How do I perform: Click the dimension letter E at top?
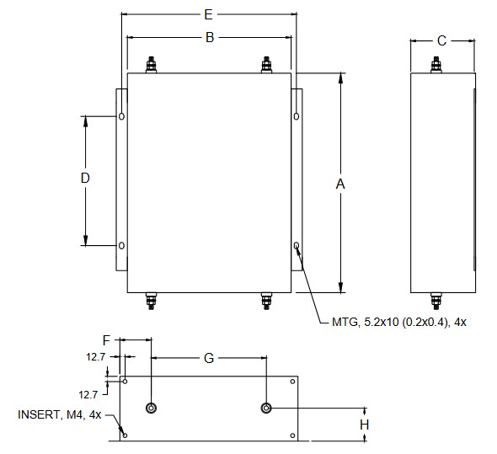208,14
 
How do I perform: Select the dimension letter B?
210,37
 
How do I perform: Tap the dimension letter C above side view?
441,40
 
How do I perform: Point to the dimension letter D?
85,179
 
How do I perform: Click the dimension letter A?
340,184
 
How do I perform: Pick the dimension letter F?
106,340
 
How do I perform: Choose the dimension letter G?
209,358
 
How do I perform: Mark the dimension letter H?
365,425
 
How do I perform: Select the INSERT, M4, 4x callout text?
60,414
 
